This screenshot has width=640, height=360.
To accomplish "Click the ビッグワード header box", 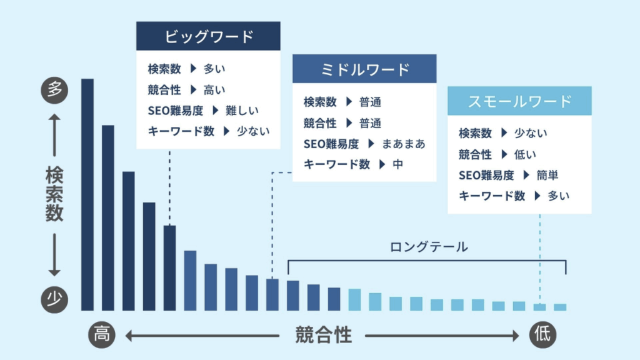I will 208,36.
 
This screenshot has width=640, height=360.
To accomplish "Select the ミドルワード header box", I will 364,69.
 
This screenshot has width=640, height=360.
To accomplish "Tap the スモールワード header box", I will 519,101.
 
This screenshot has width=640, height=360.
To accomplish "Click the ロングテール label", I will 428,247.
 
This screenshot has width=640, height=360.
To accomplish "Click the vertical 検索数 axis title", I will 54,194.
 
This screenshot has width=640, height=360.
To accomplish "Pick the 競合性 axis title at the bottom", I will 323,336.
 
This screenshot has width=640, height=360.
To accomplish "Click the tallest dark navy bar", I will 87,194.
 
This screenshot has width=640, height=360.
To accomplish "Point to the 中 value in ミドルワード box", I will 398,164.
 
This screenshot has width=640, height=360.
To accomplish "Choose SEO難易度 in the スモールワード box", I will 486,176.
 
